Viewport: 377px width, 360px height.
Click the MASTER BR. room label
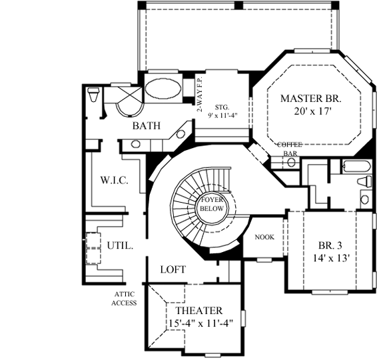click(310, 98)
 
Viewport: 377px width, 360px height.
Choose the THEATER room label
click(199, 311)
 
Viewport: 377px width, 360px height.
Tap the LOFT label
click(173, 269)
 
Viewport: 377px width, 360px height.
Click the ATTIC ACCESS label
click(125, 299)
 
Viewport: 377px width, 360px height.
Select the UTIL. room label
click(120, 245)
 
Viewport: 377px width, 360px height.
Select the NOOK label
click(264, 236)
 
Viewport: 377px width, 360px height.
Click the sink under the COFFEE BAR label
click(291, 162)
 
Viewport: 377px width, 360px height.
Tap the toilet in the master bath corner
click(93, 97)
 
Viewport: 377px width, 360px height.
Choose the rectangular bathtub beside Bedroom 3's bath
click(349, 167)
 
